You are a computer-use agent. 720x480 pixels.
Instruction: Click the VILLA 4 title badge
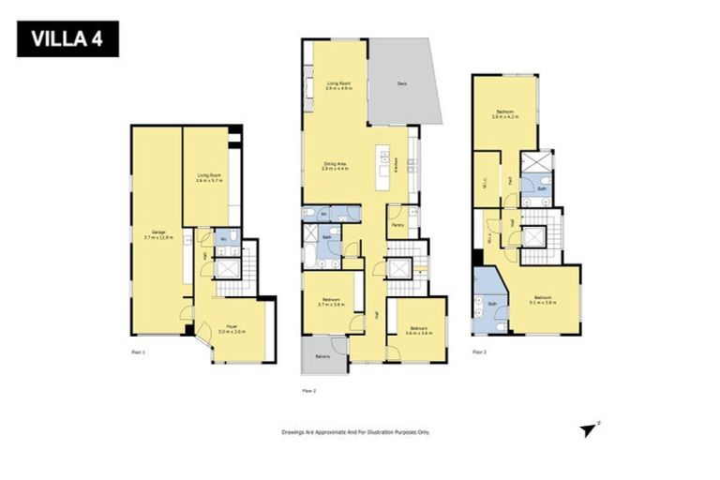67,40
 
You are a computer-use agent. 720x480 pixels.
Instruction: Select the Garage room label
153,234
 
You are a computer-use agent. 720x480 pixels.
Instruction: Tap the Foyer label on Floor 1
232,328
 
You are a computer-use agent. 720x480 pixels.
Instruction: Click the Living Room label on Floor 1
208,177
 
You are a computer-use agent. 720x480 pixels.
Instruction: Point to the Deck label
401,83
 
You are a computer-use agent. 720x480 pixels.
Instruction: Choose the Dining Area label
336,166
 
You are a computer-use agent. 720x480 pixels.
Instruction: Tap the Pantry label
398,225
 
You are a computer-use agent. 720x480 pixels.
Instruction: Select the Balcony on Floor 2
322,357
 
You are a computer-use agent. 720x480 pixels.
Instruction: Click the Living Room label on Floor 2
338,86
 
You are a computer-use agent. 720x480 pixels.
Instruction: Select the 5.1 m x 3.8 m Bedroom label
544,300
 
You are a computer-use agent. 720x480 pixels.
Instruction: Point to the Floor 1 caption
138,352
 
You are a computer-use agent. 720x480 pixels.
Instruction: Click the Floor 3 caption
479,352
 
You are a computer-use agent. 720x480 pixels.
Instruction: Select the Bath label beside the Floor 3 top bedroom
542,188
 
